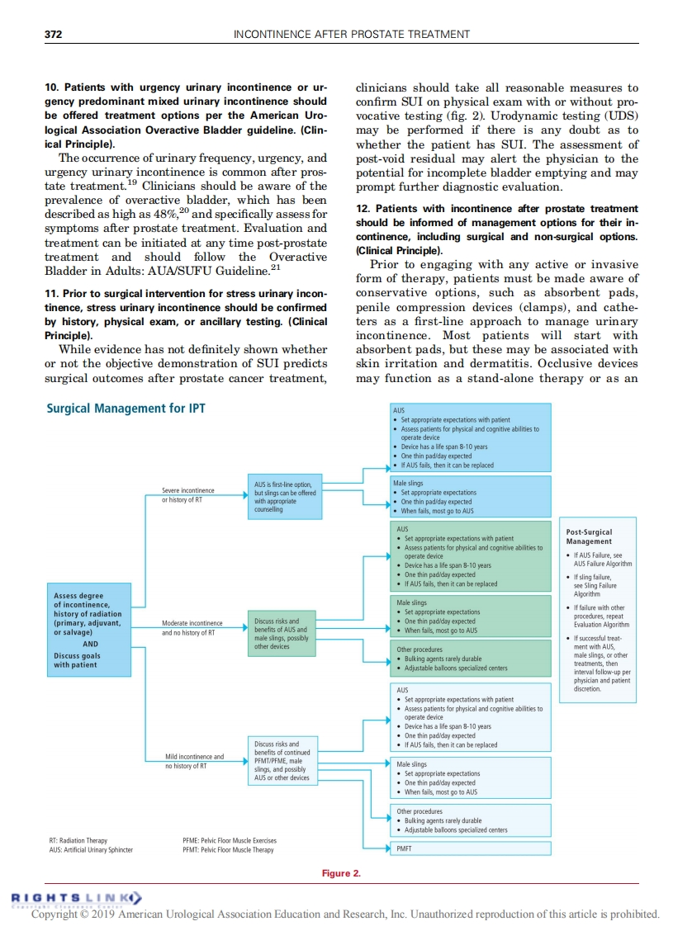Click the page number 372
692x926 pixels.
(53, 34)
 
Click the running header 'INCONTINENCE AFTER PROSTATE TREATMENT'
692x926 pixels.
(352, 34)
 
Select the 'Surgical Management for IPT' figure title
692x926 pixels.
(126, 409)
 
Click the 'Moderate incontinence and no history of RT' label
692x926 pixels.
(192, 627)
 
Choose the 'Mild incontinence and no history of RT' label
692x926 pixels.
(194, 761)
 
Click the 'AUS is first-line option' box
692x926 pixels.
(282, 496)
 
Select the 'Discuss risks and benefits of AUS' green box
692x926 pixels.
(282, 634)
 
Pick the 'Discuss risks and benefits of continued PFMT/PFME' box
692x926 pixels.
(282, 760)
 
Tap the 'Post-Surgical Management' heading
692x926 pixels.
(590, 536)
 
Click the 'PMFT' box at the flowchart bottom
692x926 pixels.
(472, 848)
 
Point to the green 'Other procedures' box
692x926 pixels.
(472, 659)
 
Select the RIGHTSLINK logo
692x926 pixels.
(74, 897)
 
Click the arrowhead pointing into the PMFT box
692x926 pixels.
(389, 848)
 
